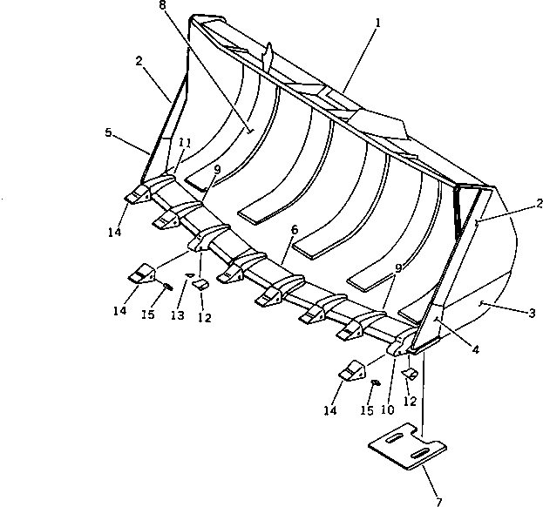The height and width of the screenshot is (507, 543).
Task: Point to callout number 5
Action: coord(107,133)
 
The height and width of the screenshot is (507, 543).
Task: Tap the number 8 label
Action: coord(162,6)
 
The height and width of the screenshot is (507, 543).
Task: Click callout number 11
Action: coord(185,142)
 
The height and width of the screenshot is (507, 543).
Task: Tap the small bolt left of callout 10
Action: coord(376,382)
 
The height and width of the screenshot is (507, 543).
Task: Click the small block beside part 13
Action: coord(200,285)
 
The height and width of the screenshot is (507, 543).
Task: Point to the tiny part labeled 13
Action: coord(187,277)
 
